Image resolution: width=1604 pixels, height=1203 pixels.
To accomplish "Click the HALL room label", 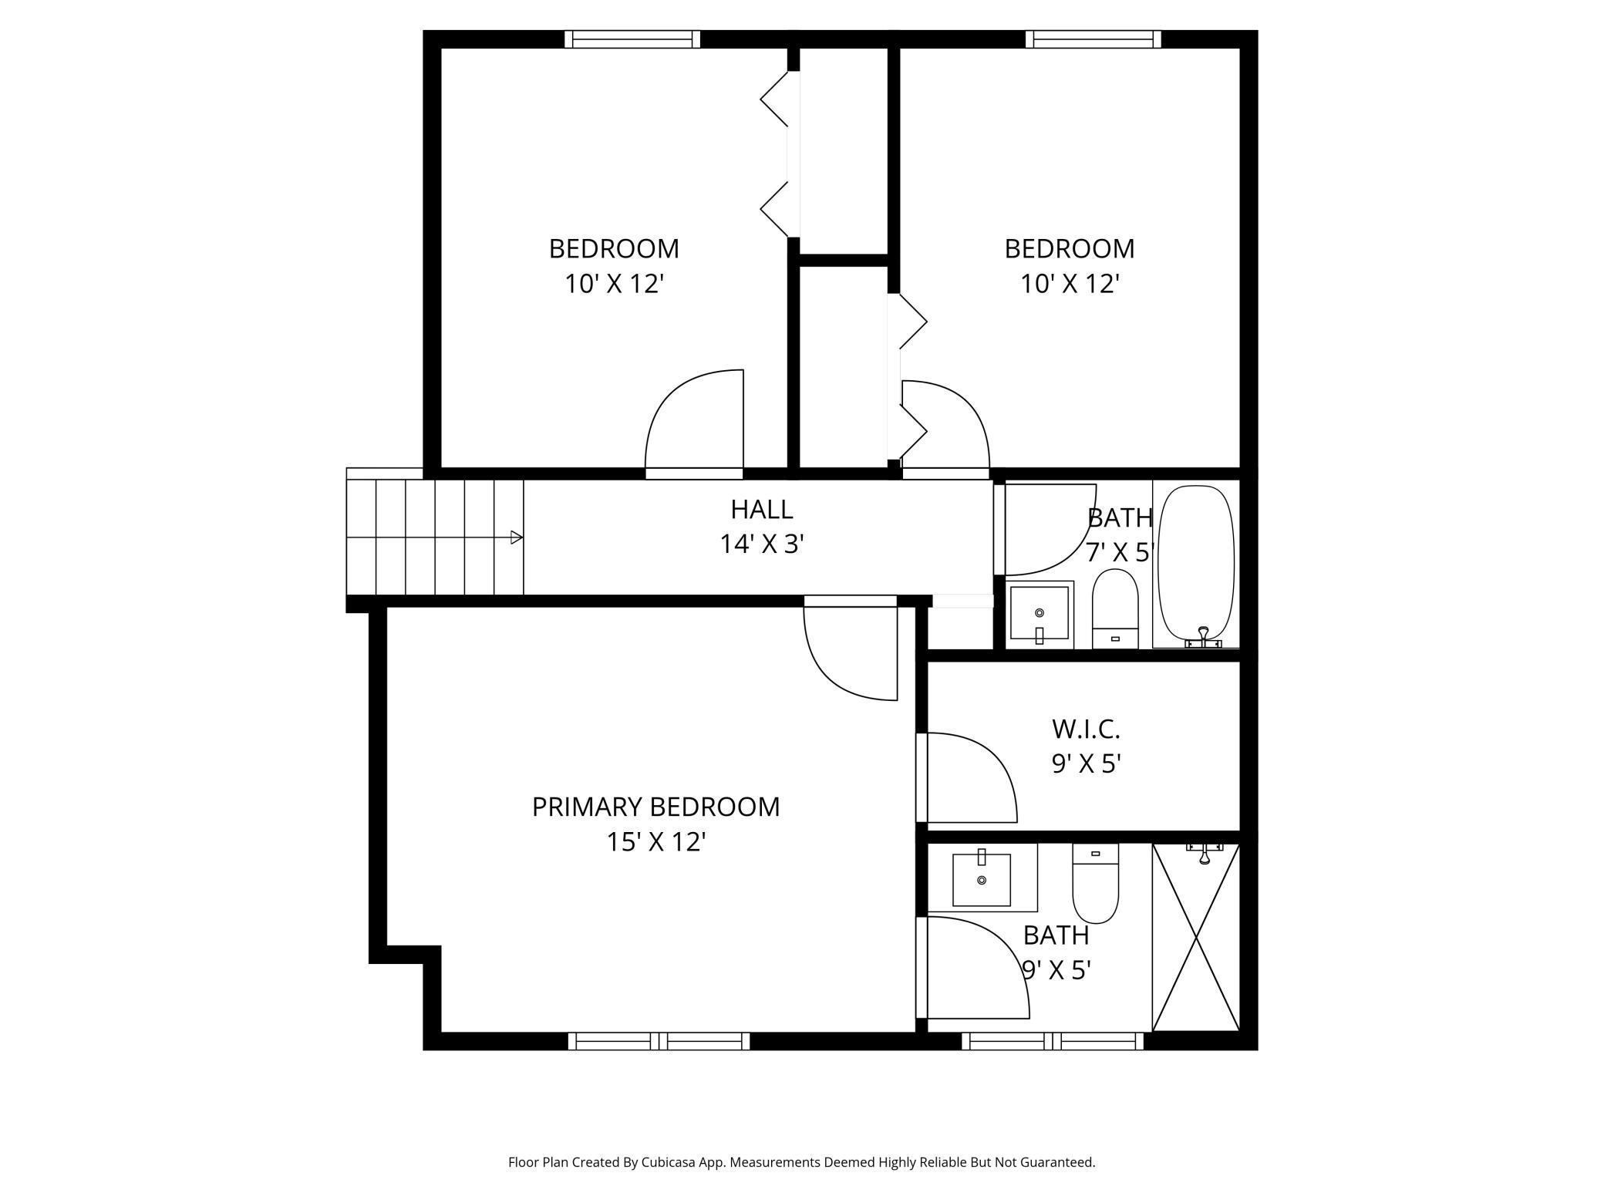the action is pos(762,509).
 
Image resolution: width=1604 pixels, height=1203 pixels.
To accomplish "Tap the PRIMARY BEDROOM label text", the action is pos(655,807).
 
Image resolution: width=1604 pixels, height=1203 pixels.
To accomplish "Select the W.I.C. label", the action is pos(1086,729).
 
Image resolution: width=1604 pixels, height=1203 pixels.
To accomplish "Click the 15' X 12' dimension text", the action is pos(656,841).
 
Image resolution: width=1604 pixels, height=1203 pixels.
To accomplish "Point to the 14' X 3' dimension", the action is pos(762,544).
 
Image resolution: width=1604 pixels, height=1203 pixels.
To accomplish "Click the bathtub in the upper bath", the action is pos(1196,566).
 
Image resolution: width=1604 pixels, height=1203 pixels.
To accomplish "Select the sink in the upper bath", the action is pos(1039,615).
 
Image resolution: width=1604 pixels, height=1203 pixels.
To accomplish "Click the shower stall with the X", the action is pos(1196,937).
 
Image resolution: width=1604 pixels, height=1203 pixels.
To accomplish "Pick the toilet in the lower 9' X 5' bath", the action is pos(1095,883).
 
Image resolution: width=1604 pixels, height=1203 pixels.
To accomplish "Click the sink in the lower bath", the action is pos(982,878).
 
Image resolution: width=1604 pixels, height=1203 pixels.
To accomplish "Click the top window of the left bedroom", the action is pos(632,39).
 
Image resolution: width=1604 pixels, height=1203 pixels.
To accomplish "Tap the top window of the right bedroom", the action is pos(1093,39).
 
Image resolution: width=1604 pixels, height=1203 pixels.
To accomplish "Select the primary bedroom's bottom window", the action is pos(659,1041).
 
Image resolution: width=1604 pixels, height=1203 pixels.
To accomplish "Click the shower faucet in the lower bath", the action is pos(1204,852).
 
